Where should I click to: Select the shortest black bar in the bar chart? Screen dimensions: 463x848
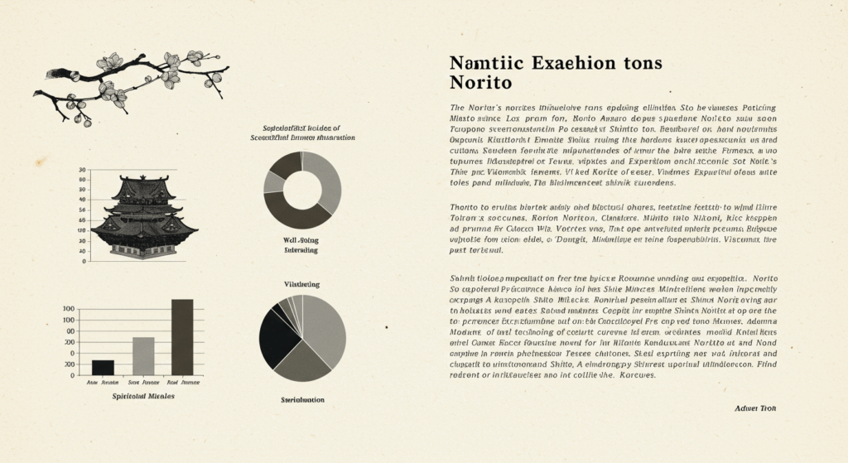103,367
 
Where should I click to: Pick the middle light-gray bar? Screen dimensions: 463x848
143,355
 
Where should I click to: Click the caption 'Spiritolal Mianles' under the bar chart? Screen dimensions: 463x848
143,397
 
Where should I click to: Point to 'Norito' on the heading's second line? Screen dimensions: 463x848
481,84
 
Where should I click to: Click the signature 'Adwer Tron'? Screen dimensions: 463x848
754,408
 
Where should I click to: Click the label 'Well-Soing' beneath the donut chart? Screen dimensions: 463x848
301,239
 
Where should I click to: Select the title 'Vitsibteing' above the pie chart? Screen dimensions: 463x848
302,284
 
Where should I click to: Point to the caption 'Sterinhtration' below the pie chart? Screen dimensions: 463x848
302,400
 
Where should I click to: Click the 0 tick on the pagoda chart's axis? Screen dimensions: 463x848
83,261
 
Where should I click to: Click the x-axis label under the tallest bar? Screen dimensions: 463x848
182,383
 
